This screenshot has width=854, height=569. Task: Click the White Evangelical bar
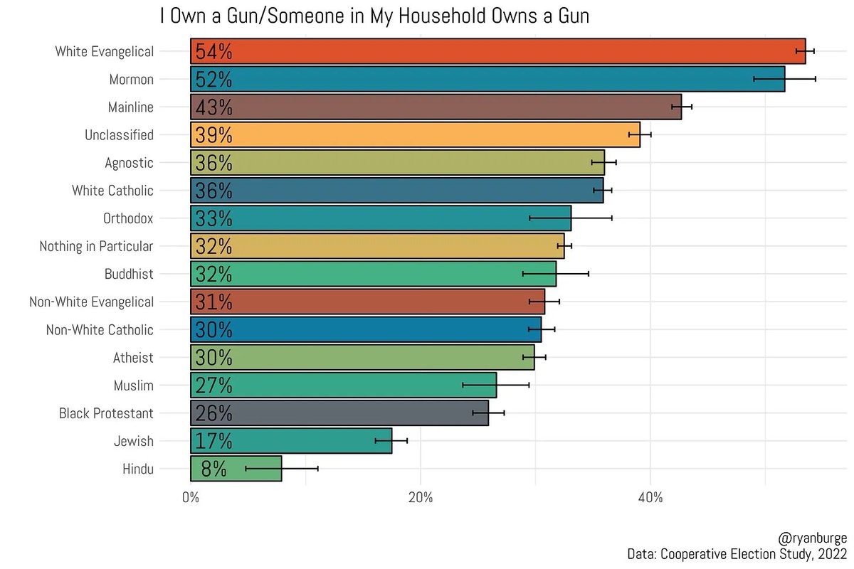(498, 51)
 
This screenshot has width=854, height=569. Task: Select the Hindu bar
(236, 469)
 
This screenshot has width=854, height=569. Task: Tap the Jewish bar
(291, 440)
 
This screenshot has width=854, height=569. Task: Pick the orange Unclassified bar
(415, 134)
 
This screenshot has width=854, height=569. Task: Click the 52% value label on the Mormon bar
(213, 79)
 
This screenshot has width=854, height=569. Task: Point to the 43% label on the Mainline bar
(213, 107)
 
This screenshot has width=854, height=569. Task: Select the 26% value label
(213, 413)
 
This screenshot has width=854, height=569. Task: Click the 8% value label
(213, 469)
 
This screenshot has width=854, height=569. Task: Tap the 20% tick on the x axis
(420, 497)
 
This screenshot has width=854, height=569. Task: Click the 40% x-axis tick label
(650, 497)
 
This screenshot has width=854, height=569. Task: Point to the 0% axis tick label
(190, 497)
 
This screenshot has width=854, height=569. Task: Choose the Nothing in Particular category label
(96, 246)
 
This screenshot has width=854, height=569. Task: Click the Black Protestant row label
(106, 413)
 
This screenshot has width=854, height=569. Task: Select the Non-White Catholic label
(100, 329)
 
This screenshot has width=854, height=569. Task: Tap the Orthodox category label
(128, 218)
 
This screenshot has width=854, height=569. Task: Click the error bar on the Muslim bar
(495, 385)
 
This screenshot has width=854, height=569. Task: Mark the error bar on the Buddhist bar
(556, 274)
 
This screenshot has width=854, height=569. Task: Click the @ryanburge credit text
(813, 538)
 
